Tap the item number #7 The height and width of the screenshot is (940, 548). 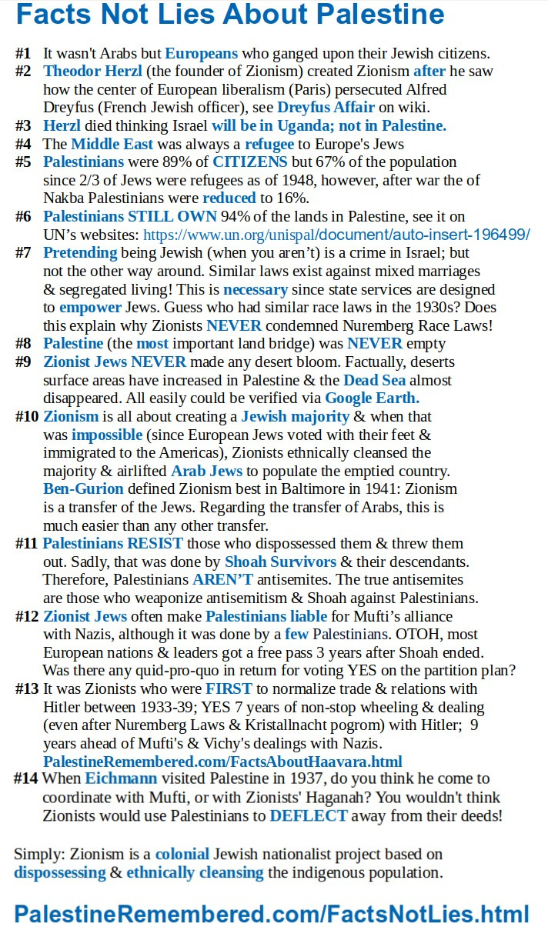pyautogui.click(x=23, y=252)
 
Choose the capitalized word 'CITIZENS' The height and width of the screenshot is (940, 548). pyautogui.click(x=251, y=162)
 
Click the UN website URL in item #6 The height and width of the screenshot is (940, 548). pyautogui.click(x=336, y=235)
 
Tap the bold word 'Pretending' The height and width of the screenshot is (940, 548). pyautogui.click(x=80, y=252)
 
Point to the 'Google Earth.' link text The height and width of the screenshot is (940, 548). pyautogui.click(x=373, y=398)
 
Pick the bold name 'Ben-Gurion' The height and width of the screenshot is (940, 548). pyautogui.click(x=83, y=488)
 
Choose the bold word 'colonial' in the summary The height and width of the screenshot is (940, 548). pyautogui.click(x=182, y=854)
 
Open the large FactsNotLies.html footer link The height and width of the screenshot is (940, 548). pyautogui.click(x=272, y=913)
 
